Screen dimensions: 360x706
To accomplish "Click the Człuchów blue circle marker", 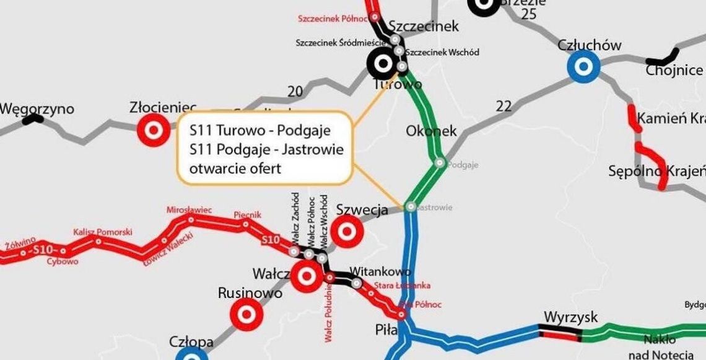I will [x=583, y=65].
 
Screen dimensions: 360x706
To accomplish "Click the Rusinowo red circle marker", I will [x=246, y=315].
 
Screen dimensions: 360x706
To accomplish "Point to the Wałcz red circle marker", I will [x=307, y=276].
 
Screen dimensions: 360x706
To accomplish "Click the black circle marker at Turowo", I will [x=383, y=63].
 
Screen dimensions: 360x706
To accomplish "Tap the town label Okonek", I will [x=431, y=131].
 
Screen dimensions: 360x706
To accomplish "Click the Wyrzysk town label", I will [x=571, y=317].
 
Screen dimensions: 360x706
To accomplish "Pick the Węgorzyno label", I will [x=37, y=109].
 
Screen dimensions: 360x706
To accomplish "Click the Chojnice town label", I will [x=674, y=70].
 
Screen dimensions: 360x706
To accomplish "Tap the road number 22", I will [x=503, y=106].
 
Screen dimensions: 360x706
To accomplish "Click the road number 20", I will [x=295, y=92].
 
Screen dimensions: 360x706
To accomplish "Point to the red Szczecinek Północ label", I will [x=329, y=19].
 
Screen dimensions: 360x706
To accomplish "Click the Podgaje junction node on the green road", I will [x=440, y=163].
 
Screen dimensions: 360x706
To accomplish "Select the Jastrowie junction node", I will [x=411, y=207].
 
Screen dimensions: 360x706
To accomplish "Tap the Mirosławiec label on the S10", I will [x=189, y=210].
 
